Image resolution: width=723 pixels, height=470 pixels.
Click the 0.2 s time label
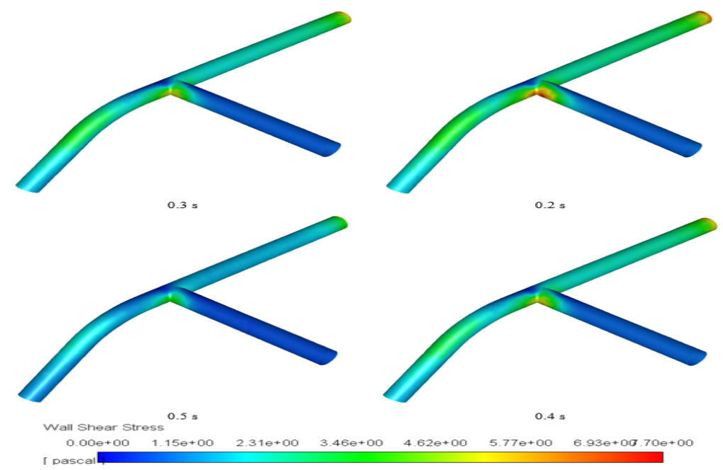pyautogui.click(x=550, y=205)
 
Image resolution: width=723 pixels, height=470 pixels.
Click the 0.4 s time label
pyautogui.click(x=550, y=415)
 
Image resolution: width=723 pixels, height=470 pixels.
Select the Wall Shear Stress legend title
pyautogui.click(x=103, y=428)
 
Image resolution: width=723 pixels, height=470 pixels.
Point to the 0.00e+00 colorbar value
pyautogui.click(x=96, y=443)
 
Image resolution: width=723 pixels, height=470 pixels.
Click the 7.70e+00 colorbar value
pyautogui.click(x=664, y=443)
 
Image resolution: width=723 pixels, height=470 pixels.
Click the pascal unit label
pyautogui.click(x=74, y=462)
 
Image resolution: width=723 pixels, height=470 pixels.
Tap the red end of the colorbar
pyautogui.click(x=656, y=457)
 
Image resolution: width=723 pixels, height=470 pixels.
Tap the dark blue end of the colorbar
pyautogui.click(x=103, y=457)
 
